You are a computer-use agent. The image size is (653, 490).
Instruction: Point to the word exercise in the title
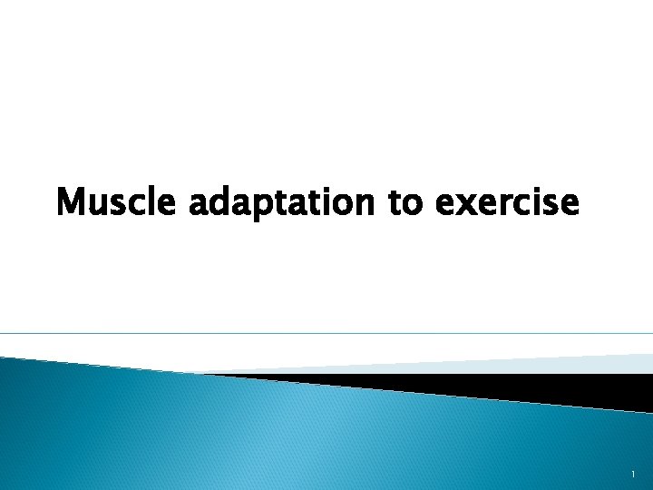[x=506, y=202]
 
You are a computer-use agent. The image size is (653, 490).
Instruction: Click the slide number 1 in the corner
[x=633, y=475]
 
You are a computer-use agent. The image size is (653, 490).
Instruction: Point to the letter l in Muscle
[x=154, y=201]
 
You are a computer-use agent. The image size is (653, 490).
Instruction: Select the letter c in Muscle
[x=137, y=204]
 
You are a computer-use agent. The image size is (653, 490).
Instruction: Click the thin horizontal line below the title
[x=326, y=333]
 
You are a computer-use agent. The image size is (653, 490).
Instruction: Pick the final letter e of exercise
[x=568, y=204]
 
